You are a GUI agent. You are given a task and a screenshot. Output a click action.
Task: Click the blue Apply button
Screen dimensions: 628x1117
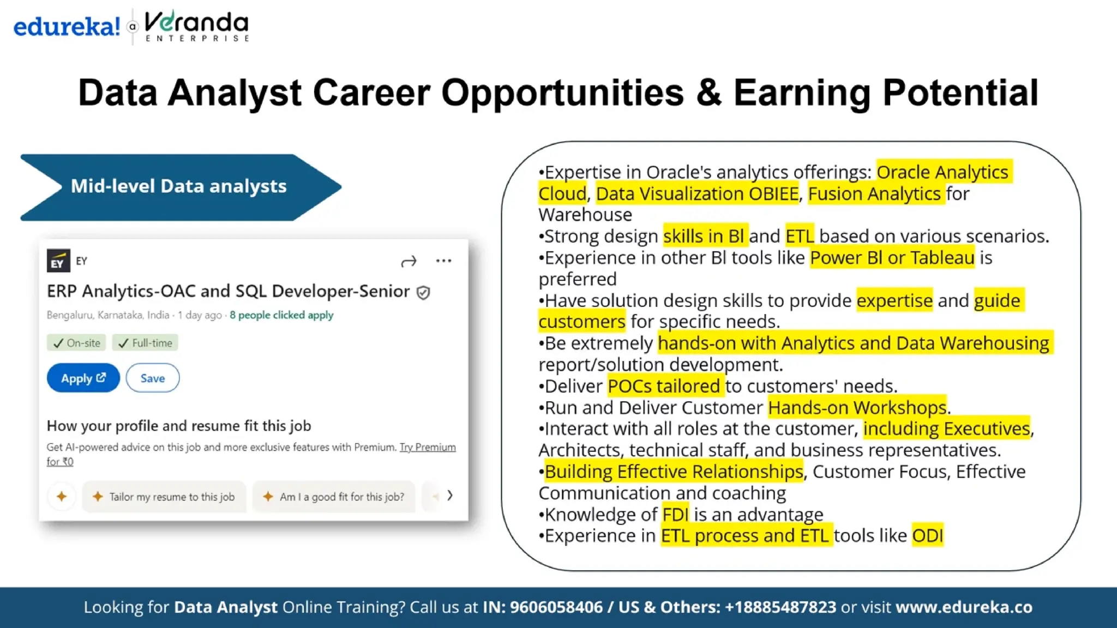(x=83, y=378)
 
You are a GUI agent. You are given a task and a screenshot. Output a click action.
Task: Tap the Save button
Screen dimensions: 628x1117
(x=152, y=378)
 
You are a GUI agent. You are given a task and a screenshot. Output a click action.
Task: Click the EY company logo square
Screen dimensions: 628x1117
(x=58, y=261)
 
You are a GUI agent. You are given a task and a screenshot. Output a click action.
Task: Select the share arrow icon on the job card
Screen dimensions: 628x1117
(x=409, y=262)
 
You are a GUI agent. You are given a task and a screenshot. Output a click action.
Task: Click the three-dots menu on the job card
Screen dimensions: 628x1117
(x=443, y=261)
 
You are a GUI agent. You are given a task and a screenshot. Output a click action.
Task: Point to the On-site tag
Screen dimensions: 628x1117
(x=76, y=343)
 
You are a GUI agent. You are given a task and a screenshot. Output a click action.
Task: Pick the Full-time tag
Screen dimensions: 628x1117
(x=145, y=343)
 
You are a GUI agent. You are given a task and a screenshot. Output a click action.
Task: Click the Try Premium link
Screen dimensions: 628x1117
(x=427, y=447)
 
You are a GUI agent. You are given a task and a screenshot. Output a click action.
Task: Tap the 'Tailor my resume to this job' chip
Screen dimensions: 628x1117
(x=164, y=497)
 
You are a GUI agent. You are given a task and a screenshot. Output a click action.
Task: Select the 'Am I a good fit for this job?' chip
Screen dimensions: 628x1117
(x=334, y=497)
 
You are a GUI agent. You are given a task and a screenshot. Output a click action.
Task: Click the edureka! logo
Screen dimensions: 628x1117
(x=67, y=26)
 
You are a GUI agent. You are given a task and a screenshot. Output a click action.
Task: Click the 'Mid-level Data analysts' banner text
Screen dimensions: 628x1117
(x=178, y=186)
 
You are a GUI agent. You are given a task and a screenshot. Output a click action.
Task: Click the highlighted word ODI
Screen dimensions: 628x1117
(x=927, y=536)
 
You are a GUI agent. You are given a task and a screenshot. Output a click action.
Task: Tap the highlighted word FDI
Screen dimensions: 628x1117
(x=675, y=514)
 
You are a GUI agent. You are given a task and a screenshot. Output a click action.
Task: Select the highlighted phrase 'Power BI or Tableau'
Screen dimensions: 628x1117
(x=892, y=257)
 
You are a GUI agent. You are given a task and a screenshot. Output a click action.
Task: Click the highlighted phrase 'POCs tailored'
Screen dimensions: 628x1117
(x=664, y=386)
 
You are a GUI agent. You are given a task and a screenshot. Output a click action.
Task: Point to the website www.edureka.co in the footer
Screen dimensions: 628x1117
(x=964, y=607)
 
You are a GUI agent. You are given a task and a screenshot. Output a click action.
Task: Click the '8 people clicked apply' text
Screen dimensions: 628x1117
(x=281, y=315)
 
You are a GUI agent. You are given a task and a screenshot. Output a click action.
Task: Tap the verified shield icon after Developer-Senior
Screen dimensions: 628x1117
(x=423, y=293)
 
